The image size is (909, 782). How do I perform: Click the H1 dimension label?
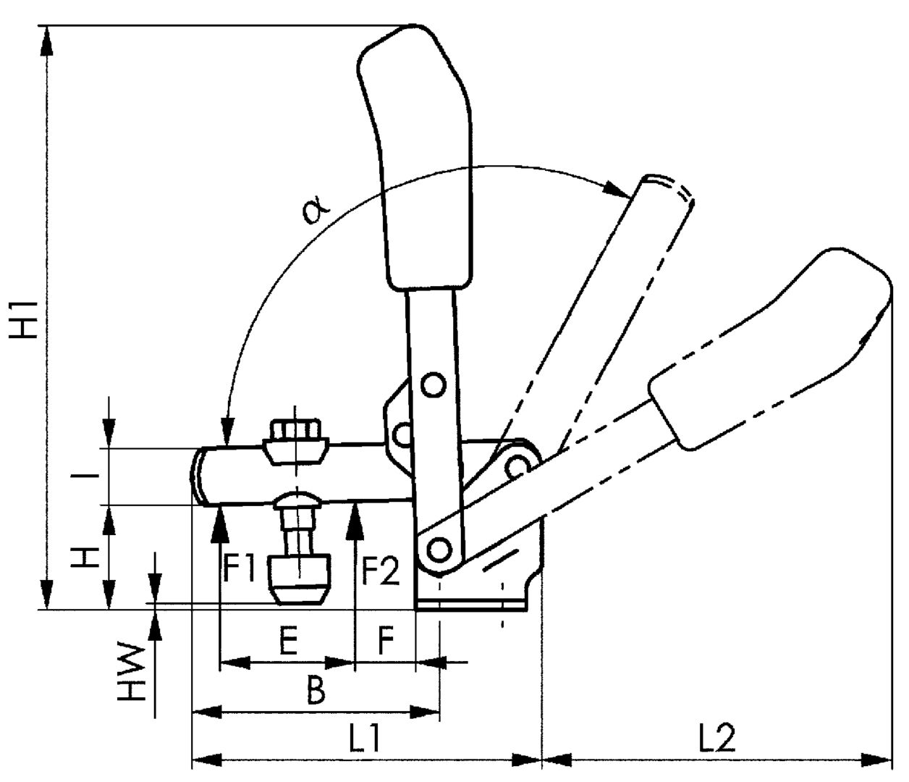pyautogui.click(x=24, y=319)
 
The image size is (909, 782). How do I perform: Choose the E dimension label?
pyautogui.click(x=288, y=642)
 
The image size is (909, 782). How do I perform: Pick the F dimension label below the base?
pyautogui.click(x=386, y=642)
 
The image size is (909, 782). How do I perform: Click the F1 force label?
pyautogui.click(x=239, y=570)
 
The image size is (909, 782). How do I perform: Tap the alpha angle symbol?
pyautogui.click(x=316, y=210)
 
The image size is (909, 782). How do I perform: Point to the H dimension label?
pyautogui.click(x=85, y=558)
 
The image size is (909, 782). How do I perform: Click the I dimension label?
pyautogui.click(x=85, y=476)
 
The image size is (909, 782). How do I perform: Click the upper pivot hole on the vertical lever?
pyautogui.click(x=433, y=386)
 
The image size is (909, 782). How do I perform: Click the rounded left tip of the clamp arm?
pyautogui.click(x=199, y=476)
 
